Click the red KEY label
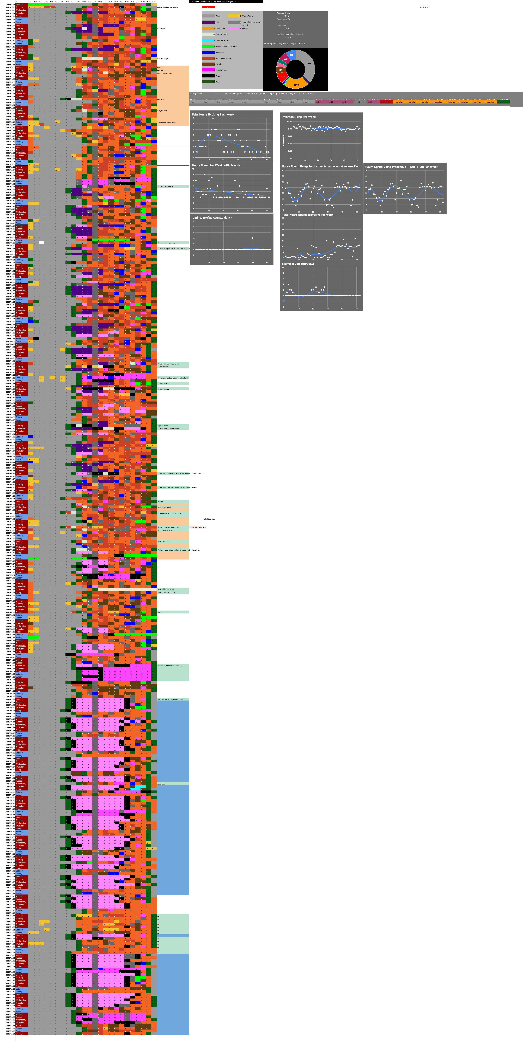tap(208, 7)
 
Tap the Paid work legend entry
tap(246, 28)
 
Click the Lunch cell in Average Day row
tap(358, 102)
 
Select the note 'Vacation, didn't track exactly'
tap(170, 666)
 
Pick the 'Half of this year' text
tap(209, 519)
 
